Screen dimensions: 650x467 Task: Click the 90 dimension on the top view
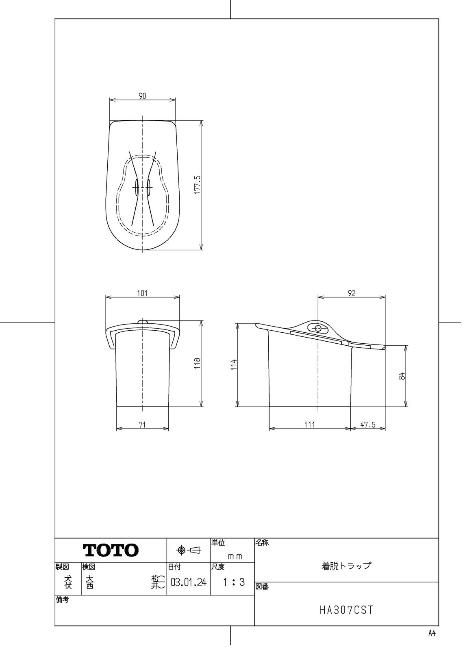[142, 96]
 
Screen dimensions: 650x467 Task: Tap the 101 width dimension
[142, 293]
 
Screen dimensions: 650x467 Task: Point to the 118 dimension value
[197, 363]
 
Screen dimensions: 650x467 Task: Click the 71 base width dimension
[142, 425]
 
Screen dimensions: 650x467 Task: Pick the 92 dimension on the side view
[352, 293]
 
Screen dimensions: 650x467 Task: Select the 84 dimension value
[402, 376]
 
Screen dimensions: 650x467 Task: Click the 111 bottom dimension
[310, 425]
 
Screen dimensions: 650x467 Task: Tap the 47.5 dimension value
[368, 425]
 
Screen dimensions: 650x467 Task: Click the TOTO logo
[111, 550]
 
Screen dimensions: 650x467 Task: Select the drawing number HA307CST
[346, 610]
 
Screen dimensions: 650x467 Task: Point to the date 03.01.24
[189, 583]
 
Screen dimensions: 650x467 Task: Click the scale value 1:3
[233, 582]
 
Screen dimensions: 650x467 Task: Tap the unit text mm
[235, 557]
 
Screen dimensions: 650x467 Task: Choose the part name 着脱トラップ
[346, 565]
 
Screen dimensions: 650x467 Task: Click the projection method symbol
[189, 550]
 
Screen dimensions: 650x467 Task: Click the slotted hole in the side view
[318, 328]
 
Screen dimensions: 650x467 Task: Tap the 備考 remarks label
[62, 600]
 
